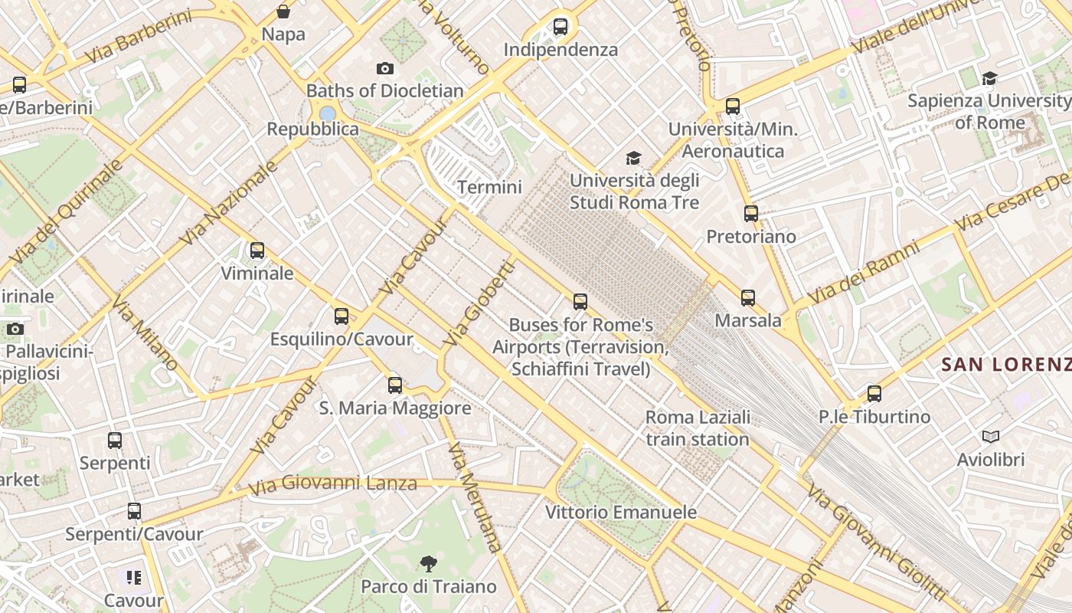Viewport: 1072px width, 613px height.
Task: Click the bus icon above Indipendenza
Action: coord(561,27)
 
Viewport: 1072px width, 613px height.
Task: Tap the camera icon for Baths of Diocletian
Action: coord(385,69)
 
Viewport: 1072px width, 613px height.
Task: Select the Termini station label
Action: coord(489,187)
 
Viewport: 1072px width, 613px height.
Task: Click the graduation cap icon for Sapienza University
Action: coord(989,78)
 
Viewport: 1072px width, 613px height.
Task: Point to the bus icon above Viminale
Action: coord(257,251)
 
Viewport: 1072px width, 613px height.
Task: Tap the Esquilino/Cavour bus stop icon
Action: coord(342,316)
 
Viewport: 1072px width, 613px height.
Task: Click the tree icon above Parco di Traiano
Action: coord(429,564)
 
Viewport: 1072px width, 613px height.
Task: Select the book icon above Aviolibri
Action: coord(991,437)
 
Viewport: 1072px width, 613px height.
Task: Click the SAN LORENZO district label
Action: coord(1005,365)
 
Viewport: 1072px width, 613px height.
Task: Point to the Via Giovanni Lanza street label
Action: coord(333,484)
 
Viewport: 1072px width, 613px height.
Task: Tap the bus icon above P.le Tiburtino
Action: coord(874,394)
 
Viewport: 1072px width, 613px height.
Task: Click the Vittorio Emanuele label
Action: coord(621,512)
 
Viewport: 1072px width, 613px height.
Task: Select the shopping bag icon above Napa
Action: coord(283,11)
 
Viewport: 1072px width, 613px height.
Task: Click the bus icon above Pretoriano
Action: coord(751,214)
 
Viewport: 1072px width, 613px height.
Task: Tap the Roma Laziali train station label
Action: coord(698,428)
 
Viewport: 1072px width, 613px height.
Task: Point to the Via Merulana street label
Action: coord(475,497)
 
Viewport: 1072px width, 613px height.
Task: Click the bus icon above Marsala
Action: coord(748,298)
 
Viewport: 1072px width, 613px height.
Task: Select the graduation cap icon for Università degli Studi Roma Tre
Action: coord(633,159)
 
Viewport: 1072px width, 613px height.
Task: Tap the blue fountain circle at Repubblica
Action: coord(328,113)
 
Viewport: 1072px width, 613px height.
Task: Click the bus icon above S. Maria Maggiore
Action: coord(395,385)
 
